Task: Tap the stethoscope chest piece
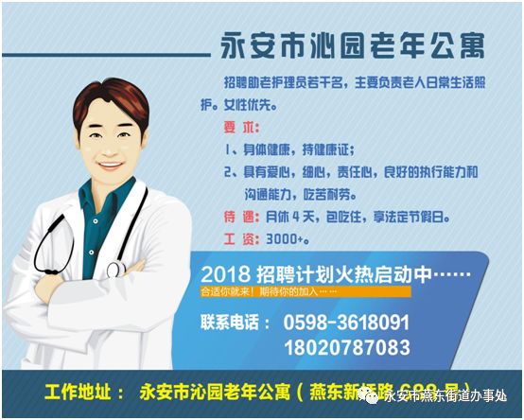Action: pyautogui.click(x=114, y=271)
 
